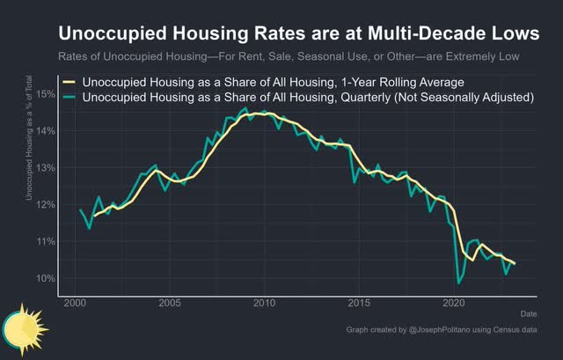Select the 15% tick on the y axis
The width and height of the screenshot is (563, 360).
(x=46, y=93)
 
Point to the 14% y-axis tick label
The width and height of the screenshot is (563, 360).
(x=46, y=130)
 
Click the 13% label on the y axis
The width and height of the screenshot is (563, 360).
(x=46, y=167)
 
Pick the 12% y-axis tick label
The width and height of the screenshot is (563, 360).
(x=46, y=204)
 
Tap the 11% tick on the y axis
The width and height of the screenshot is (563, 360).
(x=46, y=241)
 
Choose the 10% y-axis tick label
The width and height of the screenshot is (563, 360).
(x=46, y=278)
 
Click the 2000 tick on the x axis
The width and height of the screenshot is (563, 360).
(x=75, y=302)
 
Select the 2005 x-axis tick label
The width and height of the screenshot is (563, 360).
(x=170, y=302)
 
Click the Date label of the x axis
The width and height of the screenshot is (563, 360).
(x=529, y=312)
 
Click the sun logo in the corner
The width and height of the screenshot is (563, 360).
(x=19, y=327)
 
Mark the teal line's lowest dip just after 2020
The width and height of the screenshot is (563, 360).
(x=459, y=283)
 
